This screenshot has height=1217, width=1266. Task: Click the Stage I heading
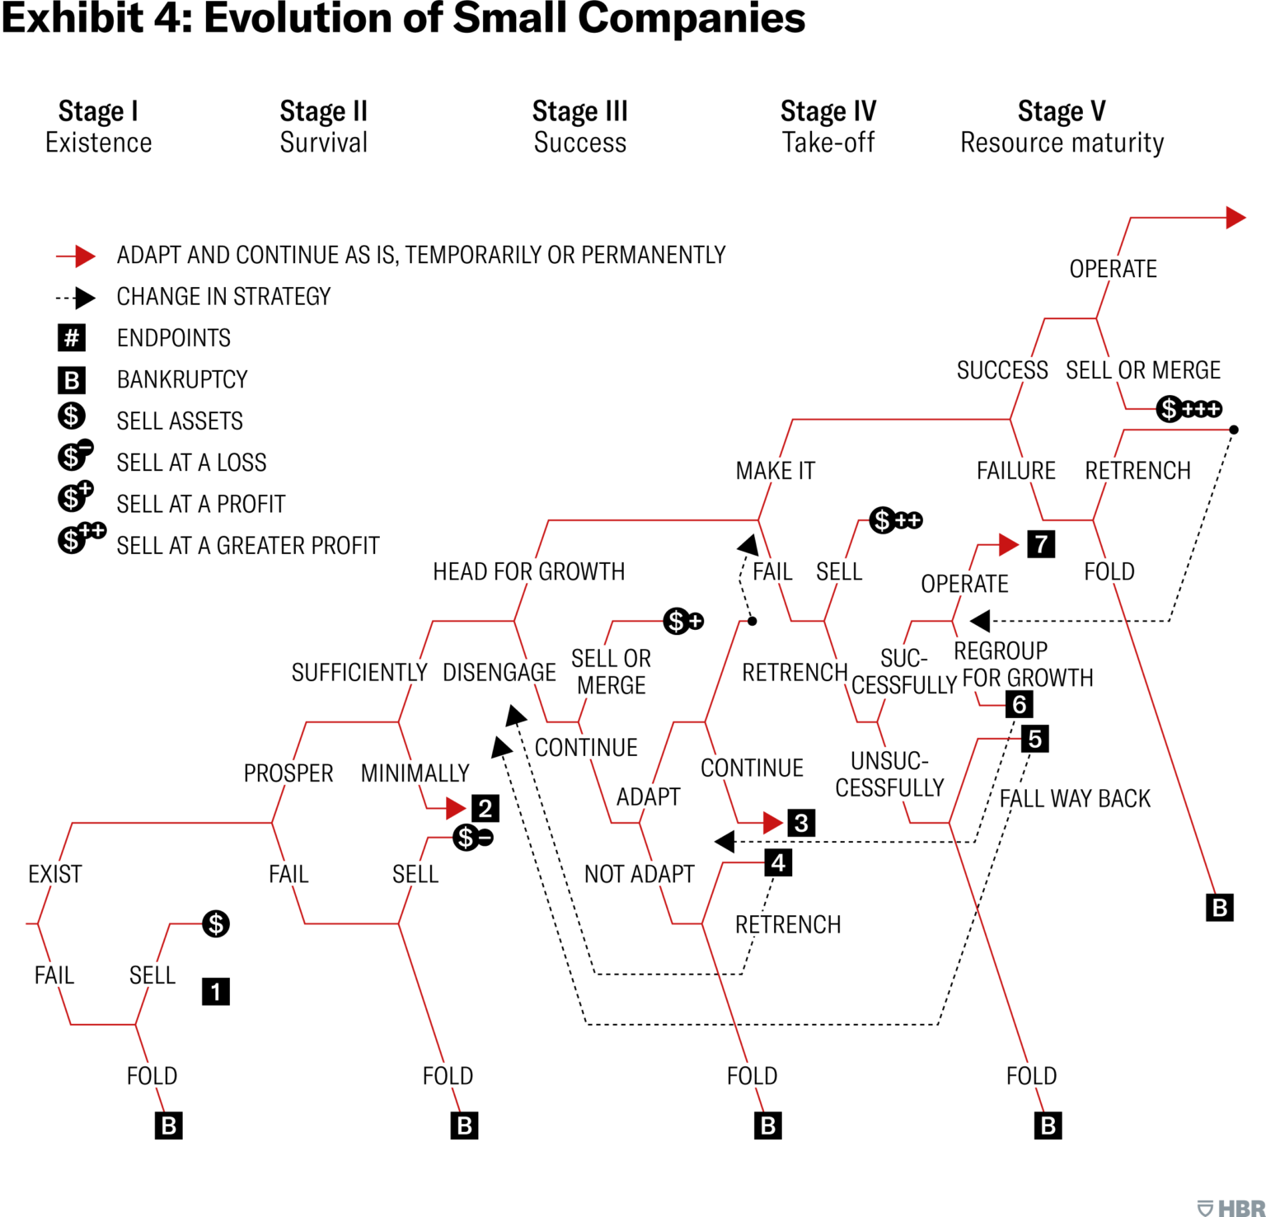pos(98,111)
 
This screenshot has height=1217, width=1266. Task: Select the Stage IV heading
pos(828,111)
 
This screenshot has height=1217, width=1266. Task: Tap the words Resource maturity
pos(1062,143)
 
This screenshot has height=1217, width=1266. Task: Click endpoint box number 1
pos(216,991)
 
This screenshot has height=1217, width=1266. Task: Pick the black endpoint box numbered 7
pos(1041,544)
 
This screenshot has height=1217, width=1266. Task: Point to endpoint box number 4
pos(778,862)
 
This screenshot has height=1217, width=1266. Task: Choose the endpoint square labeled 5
pos(1035,739)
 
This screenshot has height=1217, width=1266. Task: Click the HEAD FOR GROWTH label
pos(528,571)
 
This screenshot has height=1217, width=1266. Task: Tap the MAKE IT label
pos(775,471)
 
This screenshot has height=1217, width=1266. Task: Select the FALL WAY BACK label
pos(1075,798)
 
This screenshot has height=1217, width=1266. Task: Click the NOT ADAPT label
pos(639,874)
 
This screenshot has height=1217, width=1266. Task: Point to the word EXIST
pos(55,874)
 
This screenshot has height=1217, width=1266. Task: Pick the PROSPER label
pos(288,773)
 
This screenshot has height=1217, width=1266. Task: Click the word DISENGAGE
pos(499,673)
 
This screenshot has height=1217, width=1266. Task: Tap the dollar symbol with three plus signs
pos(1189,408)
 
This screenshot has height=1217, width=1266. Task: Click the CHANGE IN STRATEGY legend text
pos(223,297)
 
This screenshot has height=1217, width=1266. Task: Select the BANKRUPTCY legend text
pos(182,379)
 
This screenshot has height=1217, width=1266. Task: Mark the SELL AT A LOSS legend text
pos(191,463)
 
